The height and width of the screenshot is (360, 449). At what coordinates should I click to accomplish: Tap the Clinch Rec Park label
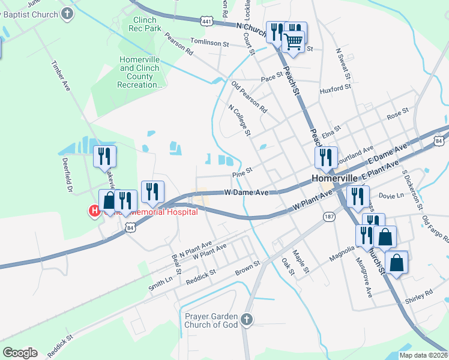(x=145, y=24)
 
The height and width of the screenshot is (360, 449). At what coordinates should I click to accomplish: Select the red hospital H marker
(x=94, y=211)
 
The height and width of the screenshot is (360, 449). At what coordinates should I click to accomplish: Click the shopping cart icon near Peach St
(x=293, y=43)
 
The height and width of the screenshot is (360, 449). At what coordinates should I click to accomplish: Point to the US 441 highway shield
(x=206, y=20)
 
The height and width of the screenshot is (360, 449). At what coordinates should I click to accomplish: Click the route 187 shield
(x=330, y=216)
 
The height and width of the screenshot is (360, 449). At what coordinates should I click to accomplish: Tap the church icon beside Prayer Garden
(x=247, y=320)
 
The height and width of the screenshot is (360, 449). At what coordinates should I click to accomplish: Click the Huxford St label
(x=336, y=88)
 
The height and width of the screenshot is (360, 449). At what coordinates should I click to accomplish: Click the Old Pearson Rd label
(x=250, y=97)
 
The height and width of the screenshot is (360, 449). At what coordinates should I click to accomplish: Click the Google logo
(x=20, y=353)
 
